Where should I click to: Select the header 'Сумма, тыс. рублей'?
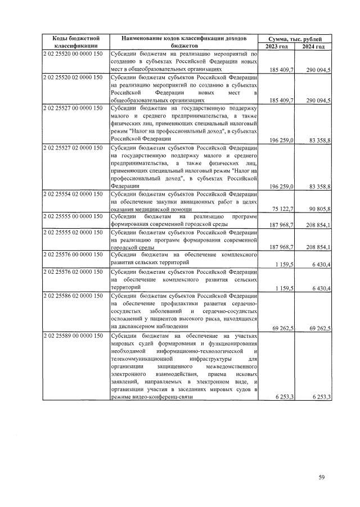click(295, 38)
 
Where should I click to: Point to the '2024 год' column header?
click(314, 46)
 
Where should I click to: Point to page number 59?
click(322, 478)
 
